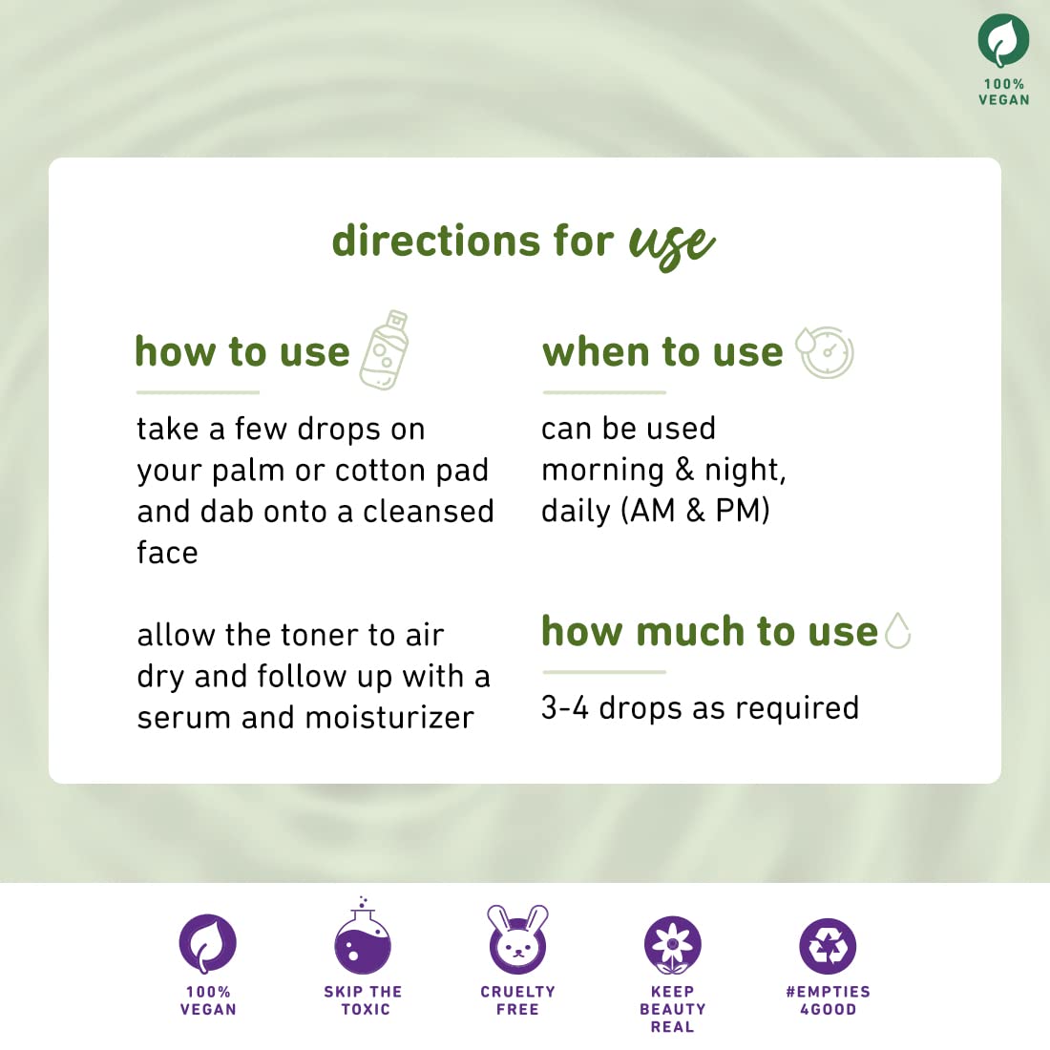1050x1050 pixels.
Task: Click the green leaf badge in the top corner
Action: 1002,41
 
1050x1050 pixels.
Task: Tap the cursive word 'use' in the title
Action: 672,244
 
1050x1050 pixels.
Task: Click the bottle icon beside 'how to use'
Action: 385,349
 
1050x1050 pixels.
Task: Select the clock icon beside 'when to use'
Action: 826,351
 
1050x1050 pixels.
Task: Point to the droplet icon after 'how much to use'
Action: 898,631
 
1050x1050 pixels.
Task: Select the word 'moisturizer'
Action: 389,718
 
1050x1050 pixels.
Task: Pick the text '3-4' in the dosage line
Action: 564,708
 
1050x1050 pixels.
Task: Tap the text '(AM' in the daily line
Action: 647,511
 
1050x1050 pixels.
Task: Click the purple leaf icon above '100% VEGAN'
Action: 207,943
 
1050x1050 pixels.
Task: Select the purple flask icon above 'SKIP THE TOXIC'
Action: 363,935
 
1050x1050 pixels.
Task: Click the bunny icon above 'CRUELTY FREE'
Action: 517,939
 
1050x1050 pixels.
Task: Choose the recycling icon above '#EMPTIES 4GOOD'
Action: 828,946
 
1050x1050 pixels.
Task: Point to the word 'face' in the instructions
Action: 167,553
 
